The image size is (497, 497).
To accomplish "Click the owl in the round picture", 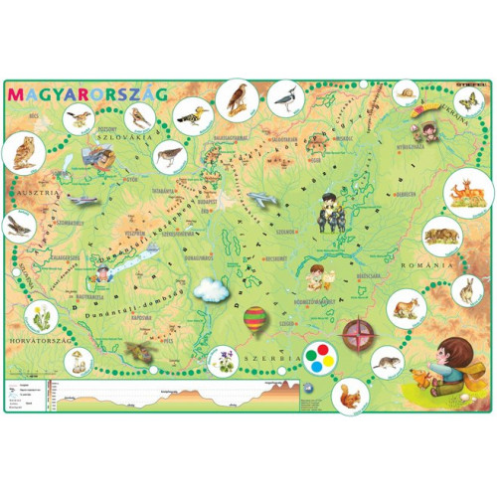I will tap(22, 151).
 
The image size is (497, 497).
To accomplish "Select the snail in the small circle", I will tap(406, 95).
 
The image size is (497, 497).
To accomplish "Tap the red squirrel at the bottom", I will tap(351, 397).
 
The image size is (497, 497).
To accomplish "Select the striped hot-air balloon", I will tap(256, 320).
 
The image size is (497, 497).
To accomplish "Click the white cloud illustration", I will tap(212, 290).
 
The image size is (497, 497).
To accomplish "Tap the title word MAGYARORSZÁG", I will tap(87, 92).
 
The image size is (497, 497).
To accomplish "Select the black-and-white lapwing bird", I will tap(284, 97).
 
